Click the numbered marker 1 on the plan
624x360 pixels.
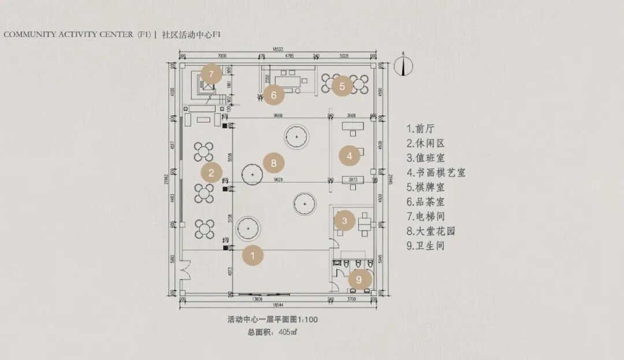[252, 255]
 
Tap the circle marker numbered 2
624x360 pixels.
[211, 172]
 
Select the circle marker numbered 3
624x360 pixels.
[344, 220]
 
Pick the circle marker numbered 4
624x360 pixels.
[350, 155]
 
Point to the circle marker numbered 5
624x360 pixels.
[342, 86]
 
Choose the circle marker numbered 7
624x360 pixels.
[211, 74]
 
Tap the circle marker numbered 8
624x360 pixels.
[274, 163]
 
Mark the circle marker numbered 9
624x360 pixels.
[359, 280]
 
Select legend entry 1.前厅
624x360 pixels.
[422, 128]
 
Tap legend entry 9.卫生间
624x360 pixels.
[426, 246]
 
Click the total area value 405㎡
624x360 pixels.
[288, 332]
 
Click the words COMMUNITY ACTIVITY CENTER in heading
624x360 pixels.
[68, 35]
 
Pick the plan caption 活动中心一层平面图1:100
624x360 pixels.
[273, 319]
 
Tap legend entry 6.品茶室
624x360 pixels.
[426, 202]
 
